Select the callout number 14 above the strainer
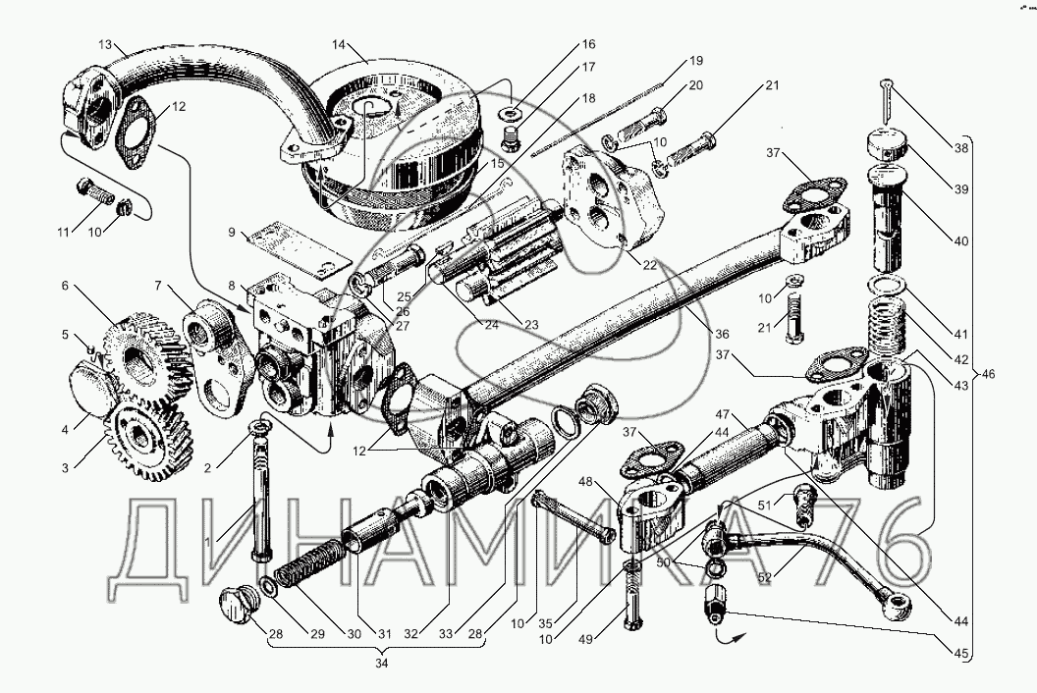tap(340, 44)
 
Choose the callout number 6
tap(65, 286)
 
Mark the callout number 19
tap(696, 60)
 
